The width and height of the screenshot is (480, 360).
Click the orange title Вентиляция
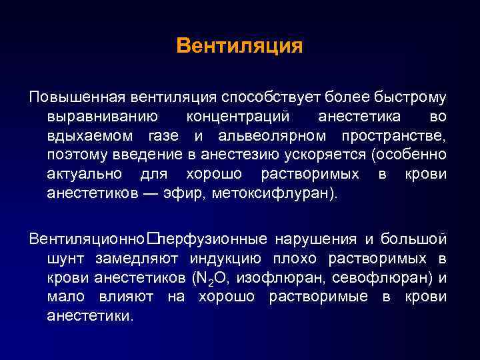click(x=239, y=46)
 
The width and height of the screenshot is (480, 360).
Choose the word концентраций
click(x=238, y=117)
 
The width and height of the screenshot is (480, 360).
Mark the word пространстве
click(x=393, y=137)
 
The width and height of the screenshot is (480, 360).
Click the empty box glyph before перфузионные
click(x=153, y=239)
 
